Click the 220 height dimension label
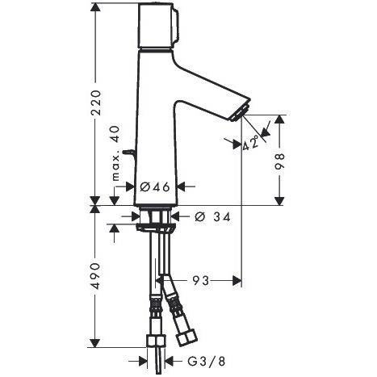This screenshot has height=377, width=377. [x=96, y=103]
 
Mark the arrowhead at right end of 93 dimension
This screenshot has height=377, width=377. [x=238, y=281]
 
